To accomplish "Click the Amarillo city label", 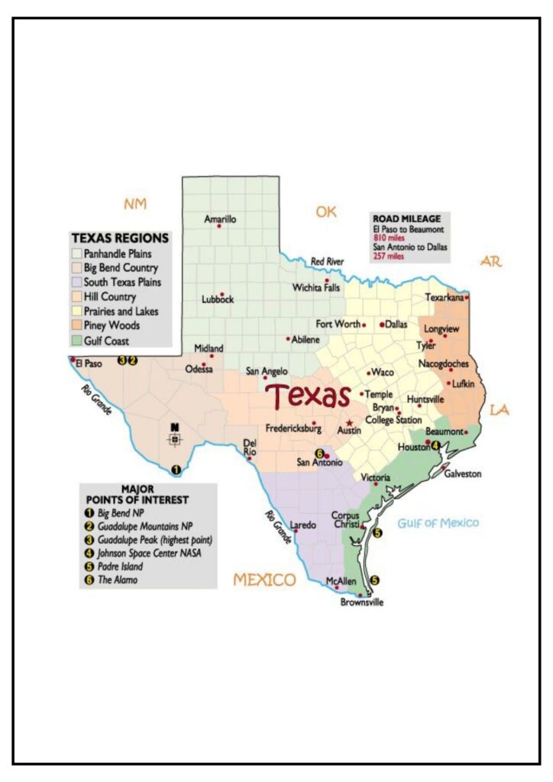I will (x=220, y=219).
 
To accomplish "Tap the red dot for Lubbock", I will (x=222, y=294).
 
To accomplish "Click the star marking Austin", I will (x=349, y=422).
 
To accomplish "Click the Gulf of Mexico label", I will (x=438, y=523).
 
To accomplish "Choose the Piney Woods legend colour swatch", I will (x=76, y=326).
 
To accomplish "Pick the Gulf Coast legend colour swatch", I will (x=76, y=341).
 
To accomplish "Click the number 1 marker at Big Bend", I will (x=176, y=470).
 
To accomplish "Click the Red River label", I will (x=327, y=262).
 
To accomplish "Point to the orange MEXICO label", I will (x=265, y=579).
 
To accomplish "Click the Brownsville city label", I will (x=362, y=603).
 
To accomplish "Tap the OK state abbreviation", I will (x=326, y=212).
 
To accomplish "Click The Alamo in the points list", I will (x=113, y=580).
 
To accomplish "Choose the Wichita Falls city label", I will (x=316, y=288).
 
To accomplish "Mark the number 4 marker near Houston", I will (x=435, y=445).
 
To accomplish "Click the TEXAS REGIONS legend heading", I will (x=120, y=238).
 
